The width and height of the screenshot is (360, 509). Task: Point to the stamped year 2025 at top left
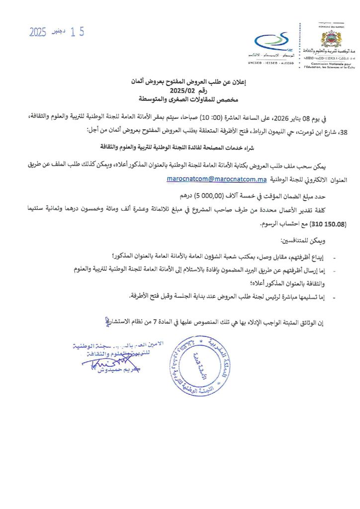tap(38, 33)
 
